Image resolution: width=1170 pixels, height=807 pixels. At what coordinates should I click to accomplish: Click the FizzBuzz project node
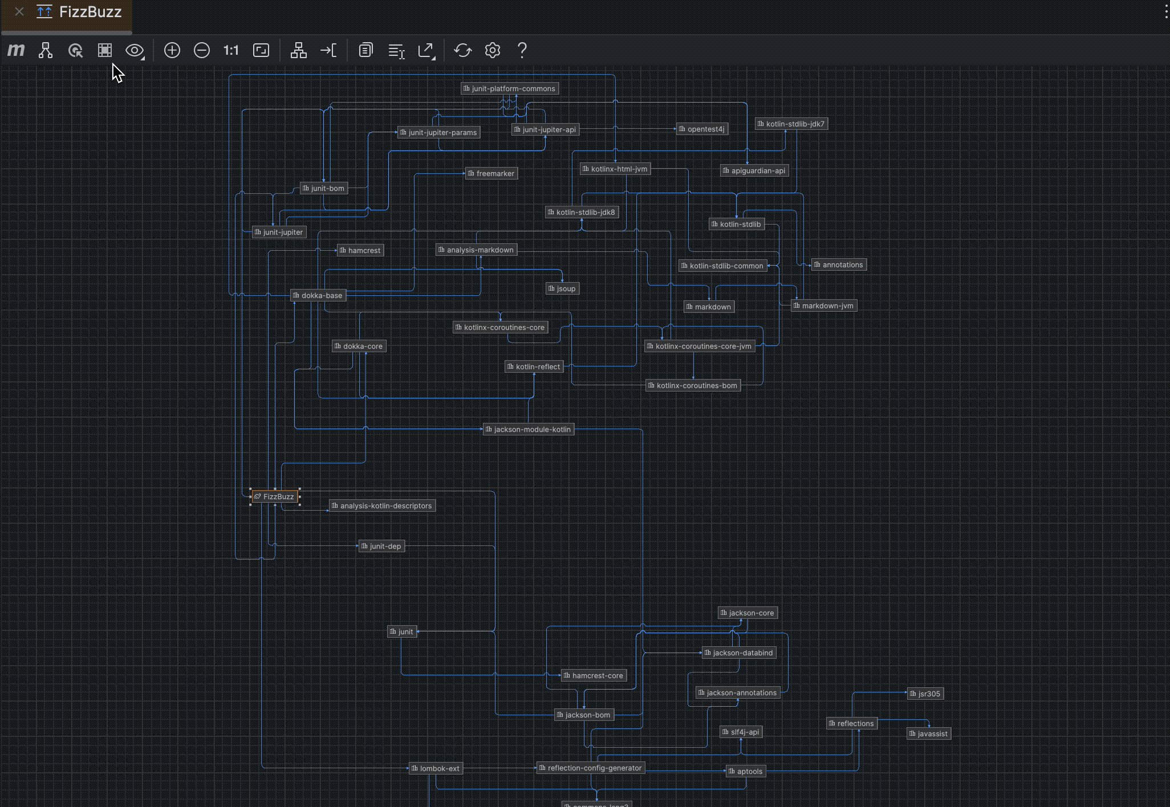tap(275, 496)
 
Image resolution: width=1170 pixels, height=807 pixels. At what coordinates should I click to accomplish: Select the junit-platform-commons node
tap(509, 88)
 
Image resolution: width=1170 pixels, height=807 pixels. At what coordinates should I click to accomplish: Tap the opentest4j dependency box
tap(702, 129)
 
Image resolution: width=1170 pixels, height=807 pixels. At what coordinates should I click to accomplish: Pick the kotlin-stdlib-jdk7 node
tap(791, 124)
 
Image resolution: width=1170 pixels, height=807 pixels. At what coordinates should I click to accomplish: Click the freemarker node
tap(491, 173)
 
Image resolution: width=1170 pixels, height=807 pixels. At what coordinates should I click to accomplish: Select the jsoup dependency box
tap(562, 288)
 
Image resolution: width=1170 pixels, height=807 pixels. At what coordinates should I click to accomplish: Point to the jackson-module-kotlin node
tap(528, 429)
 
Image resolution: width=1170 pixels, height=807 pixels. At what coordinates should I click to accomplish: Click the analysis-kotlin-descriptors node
tap(382, 506)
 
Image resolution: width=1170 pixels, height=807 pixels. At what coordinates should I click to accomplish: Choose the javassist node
tap(928, 733)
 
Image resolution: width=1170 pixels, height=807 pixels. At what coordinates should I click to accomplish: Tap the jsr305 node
tap(925, 694)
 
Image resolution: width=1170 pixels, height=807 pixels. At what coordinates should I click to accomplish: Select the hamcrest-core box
tap(594, 675)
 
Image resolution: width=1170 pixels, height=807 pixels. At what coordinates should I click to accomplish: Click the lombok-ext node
tap(436, 768)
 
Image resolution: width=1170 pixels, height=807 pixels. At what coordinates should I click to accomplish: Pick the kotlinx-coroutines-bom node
tap(693, 385)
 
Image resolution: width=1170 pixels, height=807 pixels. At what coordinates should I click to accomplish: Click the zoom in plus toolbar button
tap(172, 50)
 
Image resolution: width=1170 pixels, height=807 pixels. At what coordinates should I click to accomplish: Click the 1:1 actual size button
tap(231, 50)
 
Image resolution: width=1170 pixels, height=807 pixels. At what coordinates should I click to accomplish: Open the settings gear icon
tap(492, 50)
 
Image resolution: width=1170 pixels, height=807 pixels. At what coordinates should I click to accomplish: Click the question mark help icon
tap(522, 50)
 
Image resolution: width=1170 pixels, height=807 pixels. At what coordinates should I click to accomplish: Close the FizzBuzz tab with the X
tap(19, 11)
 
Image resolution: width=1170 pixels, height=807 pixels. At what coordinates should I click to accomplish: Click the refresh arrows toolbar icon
tap(462, 50)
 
